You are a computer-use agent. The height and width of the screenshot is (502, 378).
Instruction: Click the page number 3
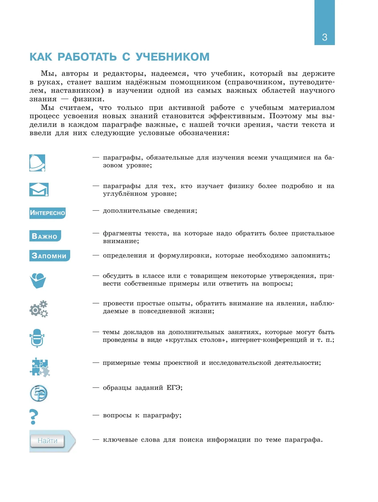click(324, 37)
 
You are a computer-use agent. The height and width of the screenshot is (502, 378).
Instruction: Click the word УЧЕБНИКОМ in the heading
click(172, 57)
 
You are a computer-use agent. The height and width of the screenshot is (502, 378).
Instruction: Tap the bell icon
click(37, 163)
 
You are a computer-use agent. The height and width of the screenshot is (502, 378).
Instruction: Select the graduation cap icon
click(39, 189)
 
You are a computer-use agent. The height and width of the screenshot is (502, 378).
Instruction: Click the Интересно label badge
click(47, 213)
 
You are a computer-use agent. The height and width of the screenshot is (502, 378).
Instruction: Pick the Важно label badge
click(45, 236)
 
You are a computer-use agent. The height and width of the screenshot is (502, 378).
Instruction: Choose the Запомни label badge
click(49, 256)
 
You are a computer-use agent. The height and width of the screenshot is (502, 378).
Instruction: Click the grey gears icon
click(39, 309)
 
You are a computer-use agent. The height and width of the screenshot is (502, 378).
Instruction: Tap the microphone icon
click(37, 338)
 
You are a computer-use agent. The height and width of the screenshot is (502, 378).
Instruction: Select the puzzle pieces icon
click(40, 367)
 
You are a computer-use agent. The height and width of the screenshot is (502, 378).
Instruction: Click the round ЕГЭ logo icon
click(38, 393)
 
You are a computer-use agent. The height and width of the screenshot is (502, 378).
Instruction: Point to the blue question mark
click(33, 417)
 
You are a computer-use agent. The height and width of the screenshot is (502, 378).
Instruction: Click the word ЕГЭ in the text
click(173, 388)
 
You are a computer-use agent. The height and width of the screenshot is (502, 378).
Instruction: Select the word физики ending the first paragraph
click(87, 99)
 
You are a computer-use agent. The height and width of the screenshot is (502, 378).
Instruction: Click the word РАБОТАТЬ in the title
click(87, 57)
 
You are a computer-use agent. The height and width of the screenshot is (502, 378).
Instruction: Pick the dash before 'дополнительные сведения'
click(96, 210)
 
